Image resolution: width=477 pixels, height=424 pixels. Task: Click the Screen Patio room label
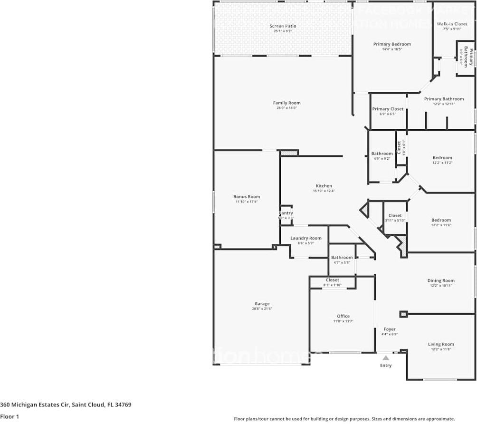click(283, 26)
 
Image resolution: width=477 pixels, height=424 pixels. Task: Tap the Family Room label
click(286, 103)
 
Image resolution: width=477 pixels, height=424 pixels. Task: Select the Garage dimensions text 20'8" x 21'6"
click(262, 309)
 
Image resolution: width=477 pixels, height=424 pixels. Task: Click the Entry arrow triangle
click(386, 358)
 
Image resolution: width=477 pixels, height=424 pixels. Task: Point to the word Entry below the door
click(386, 366)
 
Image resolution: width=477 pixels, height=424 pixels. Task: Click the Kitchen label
click(324, 186)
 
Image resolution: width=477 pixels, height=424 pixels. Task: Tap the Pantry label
click(286, 213)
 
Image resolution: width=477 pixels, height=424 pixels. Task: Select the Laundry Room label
click(306, 238)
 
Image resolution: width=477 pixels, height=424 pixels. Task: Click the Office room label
click(343, 316)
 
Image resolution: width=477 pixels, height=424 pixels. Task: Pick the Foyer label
click(390, 329)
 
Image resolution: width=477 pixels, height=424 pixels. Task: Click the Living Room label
click(441, 344)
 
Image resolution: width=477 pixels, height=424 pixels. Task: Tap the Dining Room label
click(441, 280)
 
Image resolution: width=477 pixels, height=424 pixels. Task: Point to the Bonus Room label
click(247, 196)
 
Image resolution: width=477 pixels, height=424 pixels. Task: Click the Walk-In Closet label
click(452, 24)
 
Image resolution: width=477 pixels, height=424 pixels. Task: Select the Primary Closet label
click(388, 109)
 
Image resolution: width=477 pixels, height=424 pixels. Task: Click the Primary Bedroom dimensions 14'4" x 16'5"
click(391, 49)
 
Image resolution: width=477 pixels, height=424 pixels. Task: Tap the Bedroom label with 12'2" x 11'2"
click(442, 158)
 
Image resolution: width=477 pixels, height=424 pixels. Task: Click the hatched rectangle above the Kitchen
click(288, 153)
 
